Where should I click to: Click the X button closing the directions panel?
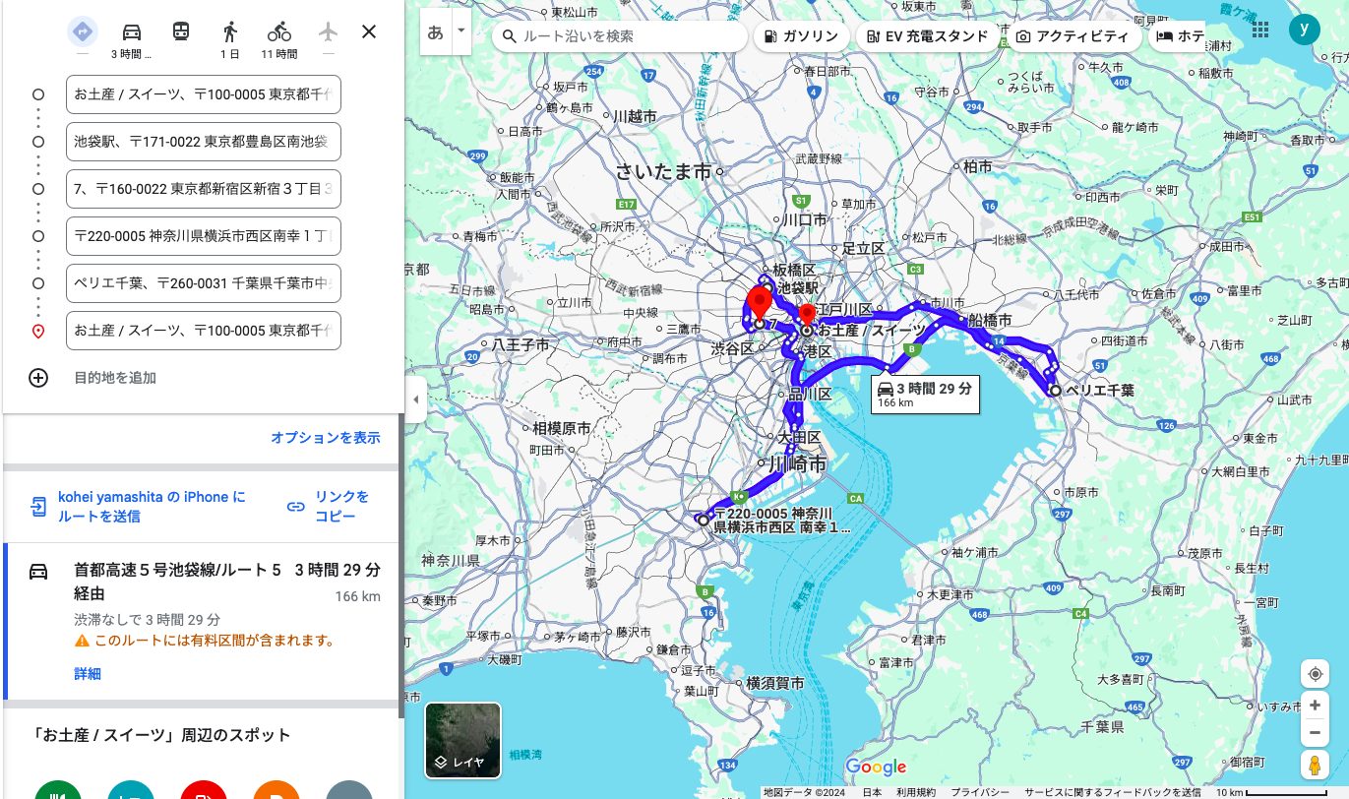pos(369,31)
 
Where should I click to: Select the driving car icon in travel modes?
pos(132,31)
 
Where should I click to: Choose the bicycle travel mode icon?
pos(279,31)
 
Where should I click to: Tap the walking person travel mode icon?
pos(230,31)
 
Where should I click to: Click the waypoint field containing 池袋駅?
pos(204,142)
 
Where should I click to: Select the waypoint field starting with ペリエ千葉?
pos(204,283)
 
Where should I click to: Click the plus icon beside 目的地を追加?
pos(38,378)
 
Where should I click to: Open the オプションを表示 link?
pos(325,438)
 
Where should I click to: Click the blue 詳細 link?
pos(88,674)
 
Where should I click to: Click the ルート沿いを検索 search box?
pos(620,36)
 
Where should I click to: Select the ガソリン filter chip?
pos(801,36)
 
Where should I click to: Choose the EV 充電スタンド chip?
pos(927,36)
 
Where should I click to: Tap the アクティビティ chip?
pos(1073,36)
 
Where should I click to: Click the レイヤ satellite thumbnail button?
pos(462,740)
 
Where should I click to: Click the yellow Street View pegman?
pos(1315,765)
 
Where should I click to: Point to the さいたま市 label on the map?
pos(663,171)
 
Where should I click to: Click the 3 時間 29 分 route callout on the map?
pos(924,394)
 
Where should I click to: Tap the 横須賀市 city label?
pos(774,683)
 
